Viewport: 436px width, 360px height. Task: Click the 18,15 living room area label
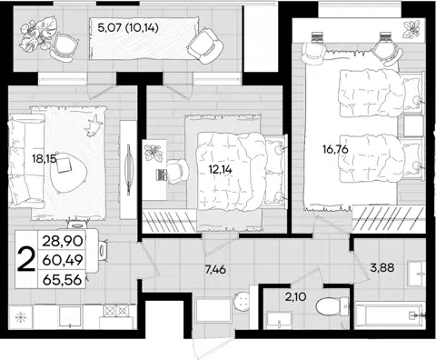click(45, 159)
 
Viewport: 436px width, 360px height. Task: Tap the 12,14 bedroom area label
click(221, 169)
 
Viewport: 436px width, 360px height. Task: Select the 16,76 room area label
click(335, 149)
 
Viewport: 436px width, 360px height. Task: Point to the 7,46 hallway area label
click(215, 269)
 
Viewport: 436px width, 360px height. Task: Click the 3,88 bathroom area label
click(382, 267)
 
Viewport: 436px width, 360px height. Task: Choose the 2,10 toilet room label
click(295, 296)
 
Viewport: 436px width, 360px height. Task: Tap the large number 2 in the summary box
click(25, 258)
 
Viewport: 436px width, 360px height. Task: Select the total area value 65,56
click(63, 279)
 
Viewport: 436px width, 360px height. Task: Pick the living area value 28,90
click(63, 242)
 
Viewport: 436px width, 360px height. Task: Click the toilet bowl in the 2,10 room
click(332, 306)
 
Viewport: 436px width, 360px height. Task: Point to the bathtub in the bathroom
click(390, 316)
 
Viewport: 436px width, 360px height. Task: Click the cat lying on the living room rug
click(93, 125)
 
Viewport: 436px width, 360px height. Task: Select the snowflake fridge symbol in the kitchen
click(21, 317)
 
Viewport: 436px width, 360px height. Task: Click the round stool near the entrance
click(242, 301)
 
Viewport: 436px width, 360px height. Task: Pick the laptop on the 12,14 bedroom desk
click(161, 175)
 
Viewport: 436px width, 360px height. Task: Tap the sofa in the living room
click(26, 160)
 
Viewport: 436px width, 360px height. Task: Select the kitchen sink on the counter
click(70, 316)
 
